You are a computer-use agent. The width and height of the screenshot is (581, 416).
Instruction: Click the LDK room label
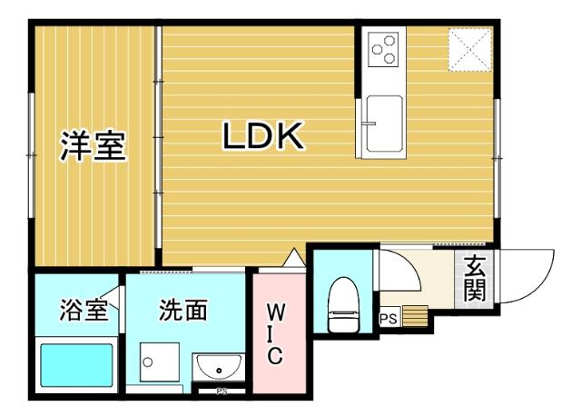(x=263, y=137)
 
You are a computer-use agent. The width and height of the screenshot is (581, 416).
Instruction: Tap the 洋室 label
(x=94, y=145)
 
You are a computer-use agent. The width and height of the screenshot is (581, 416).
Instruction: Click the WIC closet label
(x=277, y=334)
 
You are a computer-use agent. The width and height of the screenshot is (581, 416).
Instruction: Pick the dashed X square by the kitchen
(x=470, y=50)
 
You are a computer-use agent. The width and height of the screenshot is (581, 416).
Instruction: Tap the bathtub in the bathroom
(x=74, y=365)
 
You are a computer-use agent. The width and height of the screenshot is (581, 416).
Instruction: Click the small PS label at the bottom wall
(x=221, y=392)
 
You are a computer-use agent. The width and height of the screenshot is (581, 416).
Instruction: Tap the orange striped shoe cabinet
(x=414, y=316)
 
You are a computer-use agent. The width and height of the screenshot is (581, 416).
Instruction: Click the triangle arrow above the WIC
(x=293, y=258)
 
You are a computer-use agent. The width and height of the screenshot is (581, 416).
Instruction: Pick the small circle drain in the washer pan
(x=148, y=361)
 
